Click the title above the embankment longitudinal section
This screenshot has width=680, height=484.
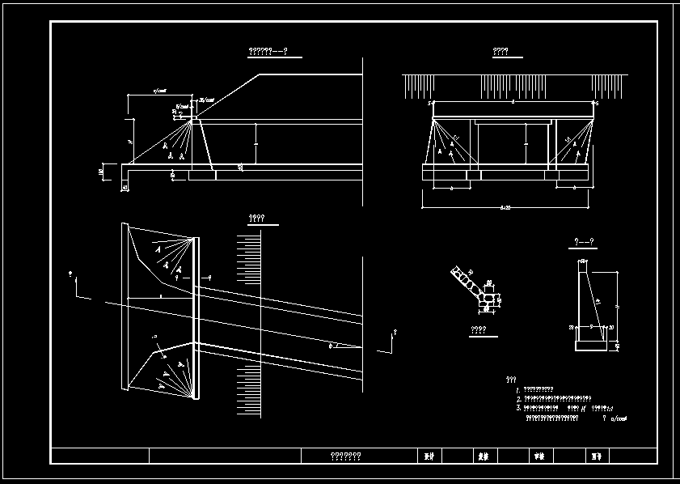coord(268,53)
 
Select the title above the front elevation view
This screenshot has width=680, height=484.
coord(500,53)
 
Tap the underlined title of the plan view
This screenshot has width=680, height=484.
coord(258,219)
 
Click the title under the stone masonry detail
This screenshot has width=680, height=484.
coord(478,330)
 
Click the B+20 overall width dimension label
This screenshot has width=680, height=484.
coord(506,208)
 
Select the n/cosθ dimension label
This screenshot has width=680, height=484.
coord(159,92)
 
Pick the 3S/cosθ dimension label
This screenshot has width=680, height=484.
coord(207,100)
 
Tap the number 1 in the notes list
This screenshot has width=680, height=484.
coord(517,390)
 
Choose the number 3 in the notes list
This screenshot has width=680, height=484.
coord(517,409)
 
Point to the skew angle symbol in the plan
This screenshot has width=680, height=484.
coord(331,345)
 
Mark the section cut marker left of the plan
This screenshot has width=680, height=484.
coord(77,283)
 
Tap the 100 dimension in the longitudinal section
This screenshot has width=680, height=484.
coord(102,172)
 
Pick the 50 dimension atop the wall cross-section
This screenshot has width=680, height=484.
coord(583,261)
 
